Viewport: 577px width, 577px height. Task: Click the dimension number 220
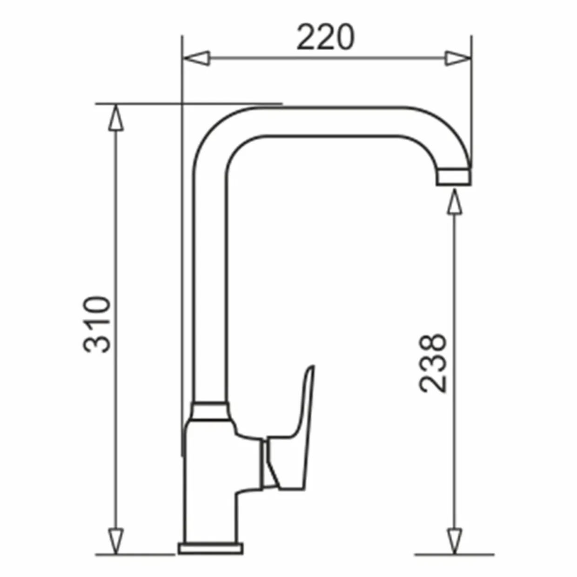click(325, 37)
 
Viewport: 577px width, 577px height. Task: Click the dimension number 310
click(97, 324)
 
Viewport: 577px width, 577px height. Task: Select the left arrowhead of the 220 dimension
click(196, 58)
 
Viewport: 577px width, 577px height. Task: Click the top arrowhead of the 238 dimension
click(455, 201)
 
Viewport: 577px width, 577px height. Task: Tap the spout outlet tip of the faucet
click(453, 177)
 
